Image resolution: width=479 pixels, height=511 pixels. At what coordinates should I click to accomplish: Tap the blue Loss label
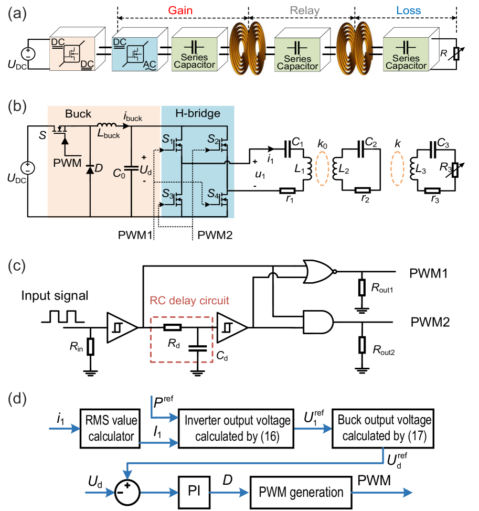[x=408, y=11]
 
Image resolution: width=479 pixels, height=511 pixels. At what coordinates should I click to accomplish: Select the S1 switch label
[x=168, y=140]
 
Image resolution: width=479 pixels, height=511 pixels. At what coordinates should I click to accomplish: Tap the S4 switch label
[x=212, y=194]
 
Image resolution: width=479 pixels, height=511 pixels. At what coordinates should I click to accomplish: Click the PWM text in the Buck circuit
[x=67, y=163]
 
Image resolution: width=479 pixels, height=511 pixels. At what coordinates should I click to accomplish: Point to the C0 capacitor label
[x=119, y=175]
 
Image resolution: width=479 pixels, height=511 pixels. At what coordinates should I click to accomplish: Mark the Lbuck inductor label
[x=109, y=135]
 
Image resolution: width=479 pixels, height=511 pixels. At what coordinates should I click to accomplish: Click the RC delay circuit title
[x=189, y=301]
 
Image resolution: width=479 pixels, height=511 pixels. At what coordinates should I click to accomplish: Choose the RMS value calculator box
[x=111, y=428]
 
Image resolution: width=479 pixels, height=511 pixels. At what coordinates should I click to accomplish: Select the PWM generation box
[x=301, y=492]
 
